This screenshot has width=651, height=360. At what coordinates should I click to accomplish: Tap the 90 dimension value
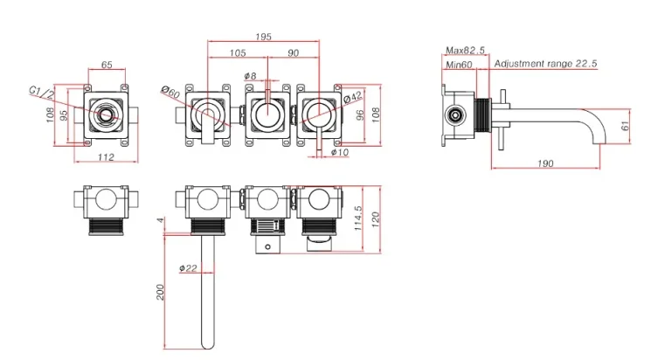[293, 52]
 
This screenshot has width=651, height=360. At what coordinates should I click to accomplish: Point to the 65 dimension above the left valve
[107, 65]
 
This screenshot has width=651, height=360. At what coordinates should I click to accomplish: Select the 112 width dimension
[106, 157]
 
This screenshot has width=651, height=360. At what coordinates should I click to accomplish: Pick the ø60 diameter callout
[170, 93]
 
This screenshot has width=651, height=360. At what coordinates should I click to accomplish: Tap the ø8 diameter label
[251, 77]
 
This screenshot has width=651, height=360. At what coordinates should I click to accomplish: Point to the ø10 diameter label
[339, 153]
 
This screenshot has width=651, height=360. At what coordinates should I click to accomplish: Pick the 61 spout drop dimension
[624, 126]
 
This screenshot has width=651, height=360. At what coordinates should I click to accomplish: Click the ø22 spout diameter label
[187, 268]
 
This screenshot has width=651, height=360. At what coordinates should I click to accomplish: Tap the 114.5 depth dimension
[359, 218]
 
